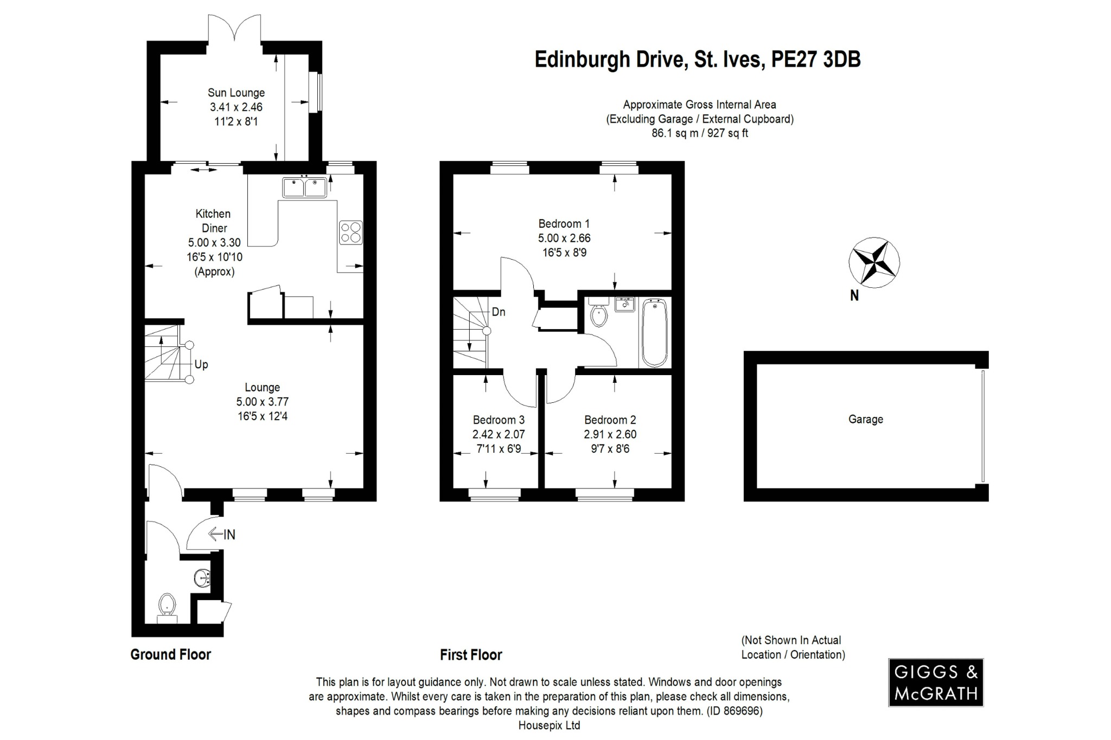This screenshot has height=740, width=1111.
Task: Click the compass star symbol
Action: pyautogui.click(x=874, y=262)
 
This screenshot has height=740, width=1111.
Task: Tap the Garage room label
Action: pyautogui.click(x=865, y=419)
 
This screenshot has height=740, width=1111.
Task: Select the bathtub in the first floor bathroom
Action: pyautogui.click(x=655, y=333)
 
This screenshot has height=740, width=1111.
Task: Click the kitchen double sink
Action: pyautogui.click(x=304, y=188)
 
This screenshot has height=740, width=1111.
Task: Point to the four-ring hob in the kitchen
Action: pyautogui.click(x=350, y=232)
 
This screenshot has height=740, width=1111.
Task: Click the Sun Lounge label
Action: pyautogui.click(x=236, y=93)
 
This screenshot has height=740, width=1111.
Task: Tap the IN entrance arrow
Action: pyautogui.click(x=222, y=535)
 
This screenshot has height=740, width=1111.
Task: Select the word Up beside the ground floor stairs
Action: pyautogui.click(x=201, y=364)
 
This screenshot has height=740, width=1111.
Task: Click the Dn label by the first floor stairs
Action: pyautogui.click(x=498, y=312)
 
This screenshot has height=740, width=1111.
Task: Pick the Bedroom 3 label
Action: pyautogui.click(x=498, y=420)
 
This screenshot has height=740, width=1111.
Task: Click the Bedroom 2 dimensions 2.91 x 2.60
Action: pyautogui.click(x=610, y=434)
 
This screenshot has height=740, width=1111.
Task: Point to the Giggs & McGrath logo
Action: pyautogui.click(x=935, y=682)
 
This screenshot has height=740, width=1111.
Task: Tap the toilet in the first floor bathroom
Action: pyautogui.click(x=598, y=315)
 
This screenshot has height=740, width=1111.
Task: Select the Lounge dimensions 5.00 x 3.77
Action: pyautogui.click(x=262, y=402)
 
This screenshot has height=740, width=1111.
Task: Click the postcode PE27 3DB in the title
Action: pyautogui.click(x=816, y=60)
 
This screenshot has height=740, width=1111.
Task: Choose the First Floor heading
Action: pyautogui.click(x=471, y=655)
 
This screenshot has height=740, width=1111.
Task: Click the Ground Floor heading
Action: pyautogui.click(x=170, y=654)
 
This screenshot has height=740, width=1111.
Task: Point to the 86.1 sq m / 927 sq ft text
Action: pyautogui.click(x=699, y=133)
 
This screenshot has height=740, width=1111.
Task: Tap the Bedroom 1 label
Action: pyautogui.click(x=564, y=223)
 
